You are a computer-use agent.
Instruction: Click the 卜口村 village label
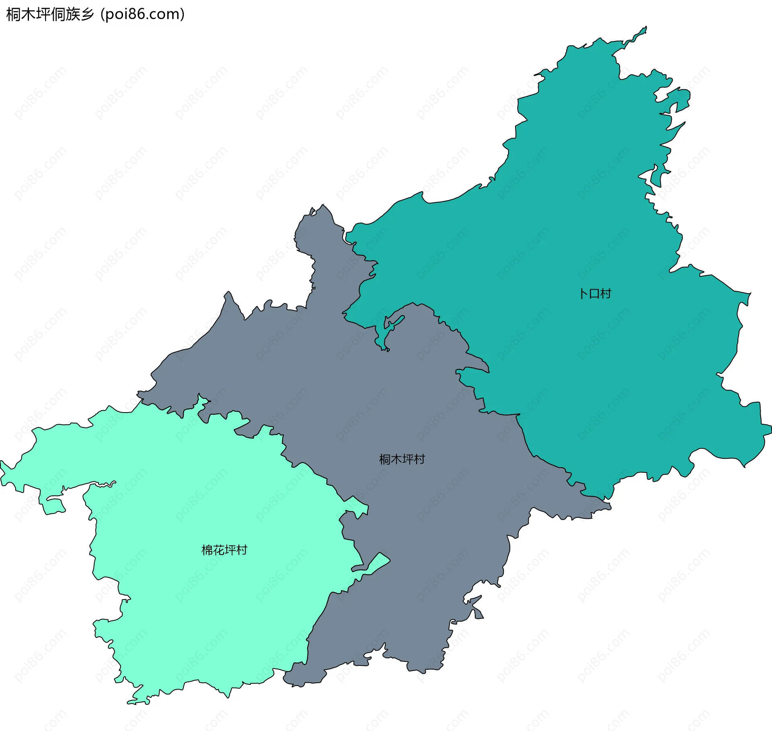pyautogui.click(x=595, y=294)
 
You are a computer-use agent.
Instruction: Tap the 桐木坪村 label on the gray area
pyautogui.click(x=402, y=459)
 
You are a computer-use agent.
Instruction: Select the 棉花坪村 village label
pyautogui.click(x=224, y=550)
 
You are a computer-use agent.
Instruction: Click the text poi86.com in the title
pyautogui.click(x=143, y=14)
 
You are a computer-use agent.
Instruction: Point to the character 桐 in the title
pyautogui.click(x=14, y=14)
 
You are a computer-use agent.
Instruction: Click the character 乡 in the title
pyautogui.click(x=87, y=14)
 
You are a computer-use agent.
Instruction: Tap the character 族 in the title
pyautogui.click(x=73, y=14)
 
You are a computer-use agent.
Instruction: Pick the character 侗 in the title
pyautogui.click(x=58, y=14)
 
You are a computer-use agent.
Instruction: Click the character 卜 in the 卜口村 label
pyautogui.click(x=584, y=294)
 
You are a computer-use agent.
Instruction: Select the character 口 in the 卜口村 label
pyautogui.click(x=595, y=294)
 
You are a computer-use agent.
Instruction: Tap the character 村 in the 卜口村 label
pyautogui.click(x=606, y=294)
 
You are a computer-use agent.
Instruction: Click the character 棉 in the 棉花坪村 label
pyautogui.click(x=207, y=550)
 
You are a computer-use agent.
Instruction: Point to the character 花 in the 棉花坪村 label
pyautogui.click(x=219, y=550)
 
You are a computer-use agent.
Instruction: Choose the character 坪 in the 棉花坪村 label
pyautogui.click(x=230, y=550)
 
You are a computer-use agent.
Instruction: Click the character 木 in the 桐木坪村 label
pyautogui.click(x=396, y=459)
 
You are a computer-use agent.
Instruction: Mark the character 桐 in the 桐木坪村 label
pyautogui.click(x=385, y=459)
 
